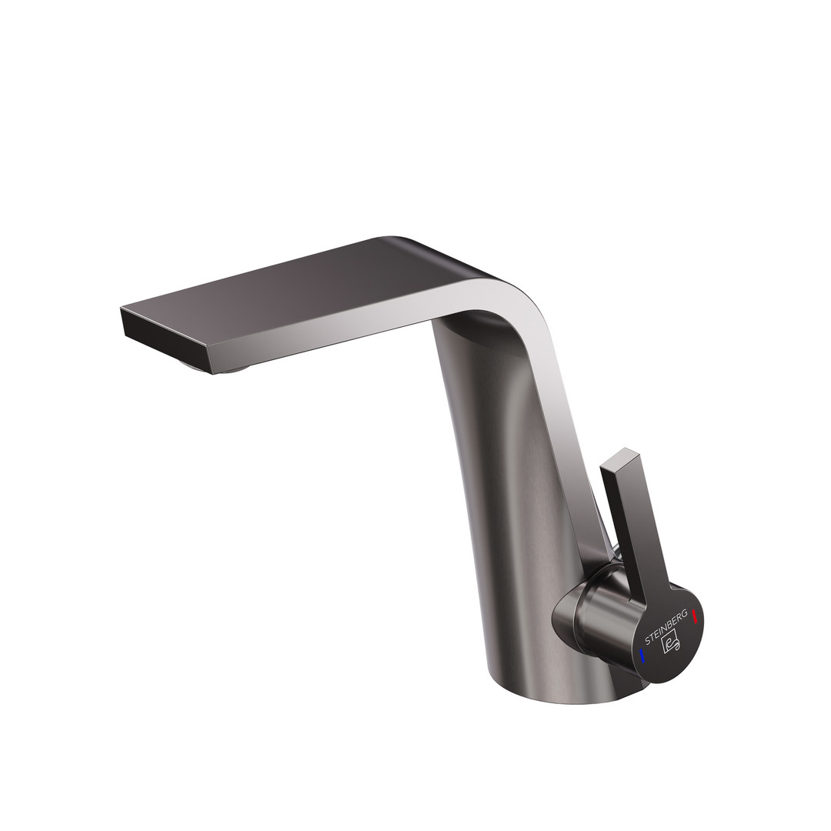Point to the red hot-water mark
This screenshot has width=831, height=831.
[694, 617]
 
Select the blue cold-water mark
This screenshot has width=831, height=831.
[642, 656]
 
